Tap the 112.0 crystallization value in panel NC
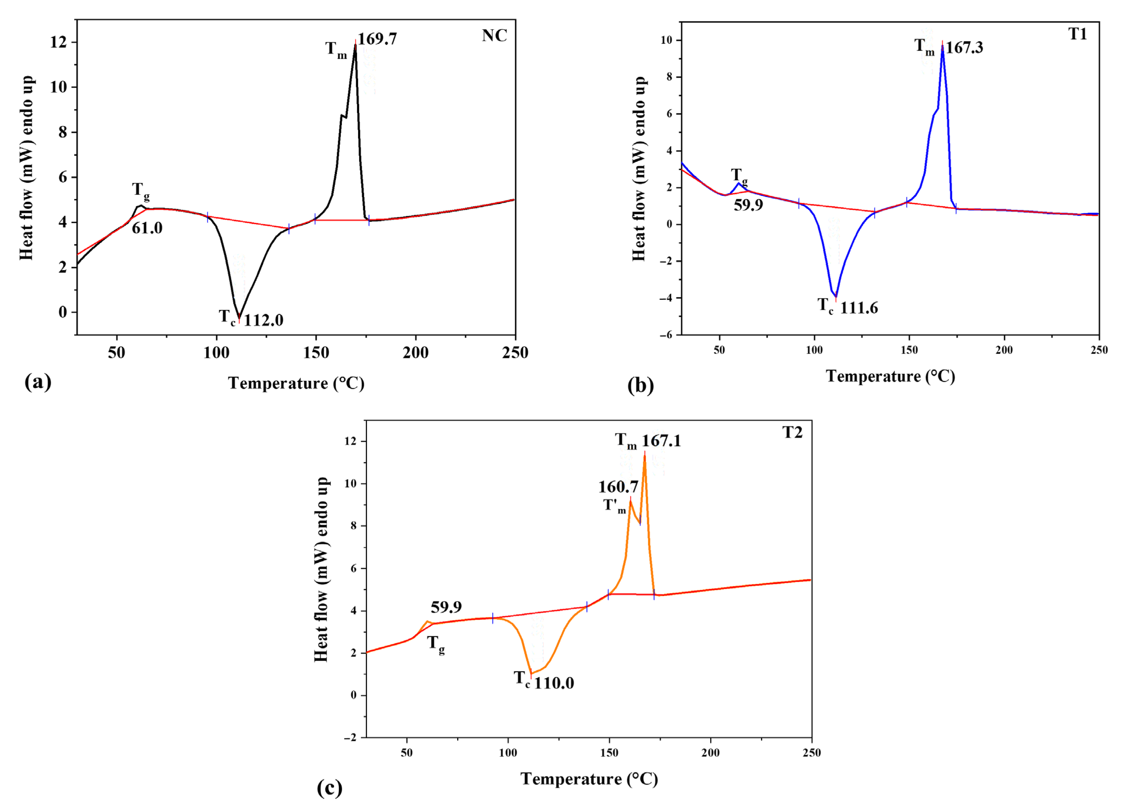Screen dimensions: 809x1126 (264, 320)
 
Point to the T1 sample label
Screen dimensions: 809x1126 (1077, 34)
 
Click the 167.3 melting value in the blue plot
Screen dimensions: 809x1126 (964, 48)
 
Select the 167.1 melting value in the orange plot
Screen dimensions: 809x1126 (661, 440)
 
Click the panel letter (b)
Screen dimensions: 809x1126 (640, 385)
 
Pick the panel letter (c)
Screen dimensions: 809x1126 (329, 788)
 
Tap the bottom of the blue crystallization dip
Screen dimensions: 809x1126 (836, 297)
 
